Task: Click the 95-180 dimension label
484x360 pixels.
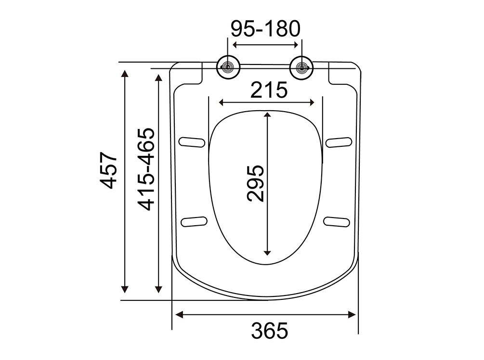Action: coord(265,29)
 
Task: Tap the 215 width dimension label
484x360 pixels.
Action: coord(269,90)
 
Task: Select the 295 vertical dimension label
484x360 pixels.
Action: coord(256,183)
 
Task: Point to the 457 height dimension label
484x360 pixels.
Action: coord(108,170)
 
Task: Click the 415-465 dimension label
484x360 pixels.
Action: coord(146,169)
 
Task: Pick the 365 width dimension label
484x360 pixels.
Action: coord(270,330)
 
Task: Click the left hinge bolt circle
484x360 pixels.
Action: coord(228,67)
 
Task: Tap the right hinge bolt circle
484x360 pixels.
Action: coord(301,68)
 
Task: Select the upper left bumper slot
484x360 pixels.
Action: coord(192,142)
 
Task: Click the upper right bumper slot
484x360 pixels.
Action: coord(339,142)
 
